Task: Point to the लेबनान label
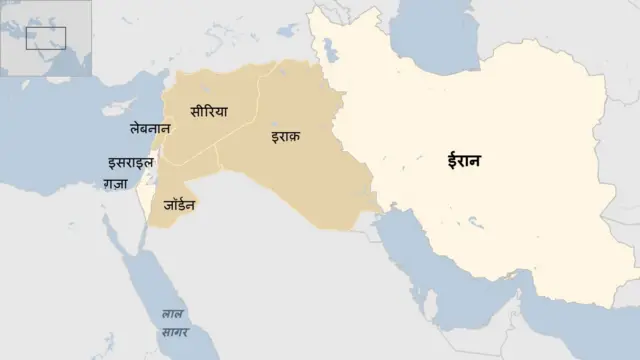pyautogui.click(x=150, y=129)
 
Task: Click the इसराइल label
pyautogui.click(x=130, y=163)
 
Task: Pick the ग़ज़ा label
pyautogui.click(x=115, y=184)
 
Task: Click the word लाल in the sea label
pyautogui.click(x=173, y=314)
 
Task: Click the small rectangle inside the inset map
pyautogui.click(x=47, y=38)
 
